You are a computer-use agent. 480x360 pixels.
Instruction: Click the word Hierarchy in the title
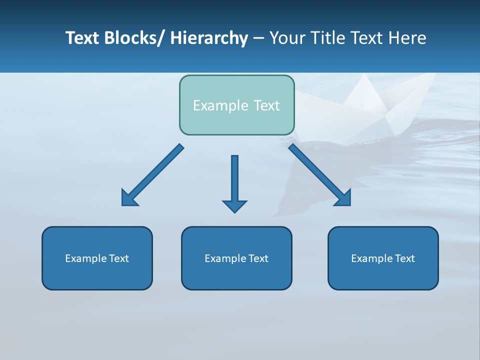(209, 38)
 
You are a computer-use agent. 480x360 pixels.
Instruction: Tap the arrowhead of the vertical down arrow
(234, 206)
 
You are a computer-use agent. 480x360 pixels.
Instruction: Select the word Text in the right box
(404, 258)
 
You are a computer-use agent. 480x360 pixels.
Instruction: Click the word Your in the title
(288, 38)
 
